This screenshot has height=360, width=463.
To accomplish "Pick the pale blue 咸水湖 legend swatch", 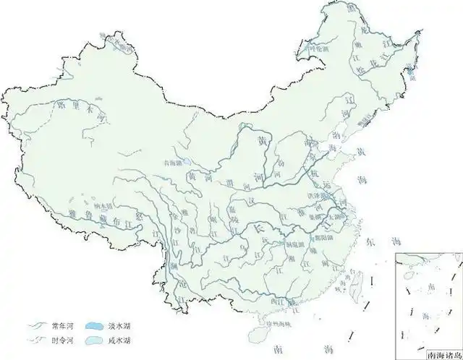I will tap(96, 339).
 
